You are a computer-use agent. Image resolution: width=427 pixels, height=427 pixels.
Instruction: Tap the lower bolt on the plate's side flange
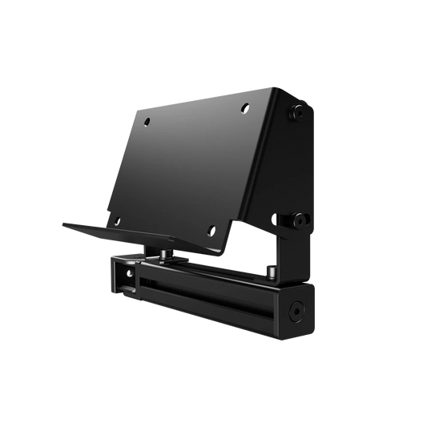point(300,217)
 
